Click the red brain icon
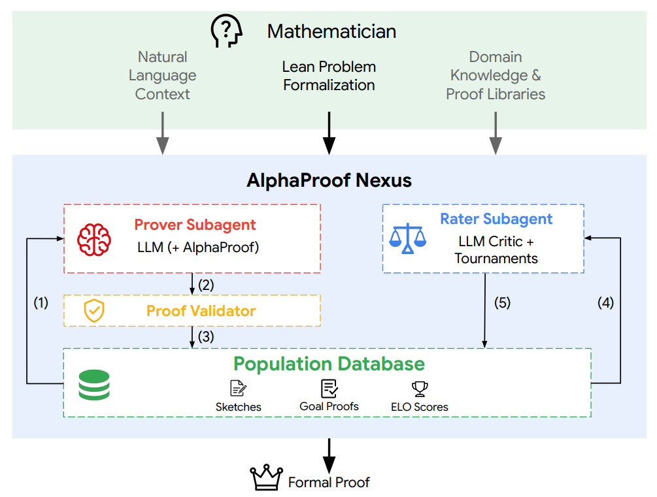[x=94, y=240]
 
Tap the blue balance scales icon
[x=407, y=238]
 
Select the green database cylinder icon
[x=94, y=385]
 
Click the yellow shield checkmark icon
[x=94, y=311]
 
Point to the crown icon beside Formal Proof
[x=267, y=477]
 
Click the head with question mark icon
[x=227, y=31]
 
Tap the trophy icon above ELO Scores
[x=420, y=389]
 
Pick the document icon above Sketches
[x=239, y=388]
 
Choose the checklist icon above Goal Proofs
[x=329, y=388]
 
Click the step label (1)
[x=41, y=302]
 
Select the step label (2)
[x=206, y=285]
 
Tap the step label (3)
[x=206, y=336]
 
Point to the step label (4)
[x=605, y=302]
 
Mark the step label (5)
[x=502, y=302]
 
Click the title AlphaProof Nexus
[x=329, y=180]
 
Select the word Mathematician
[x=332, y=31]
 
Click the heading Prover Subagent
[x=195, y=225]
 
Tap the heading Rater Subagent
[x=496, y=219]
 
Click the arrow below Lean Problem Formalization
[x=329, y=133]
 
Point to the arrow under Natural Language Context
[x=163, y=133]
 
